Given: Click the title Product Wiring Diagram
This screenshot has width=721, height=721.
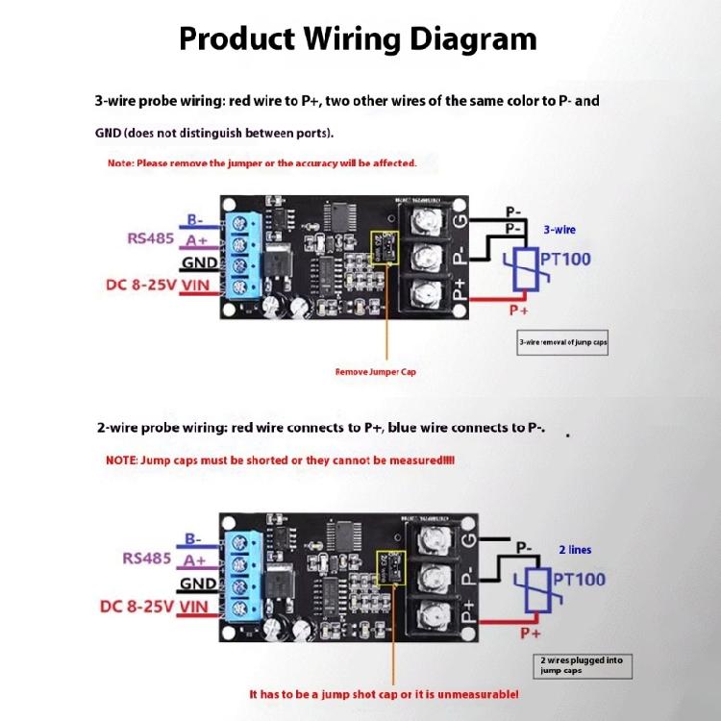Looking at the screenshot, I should [358, 38].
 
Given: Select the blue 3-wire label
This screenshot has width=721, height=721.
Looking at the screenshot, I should [559, 230].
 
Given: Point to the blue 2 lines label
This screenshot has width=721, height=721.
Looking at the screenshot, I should [575, 550].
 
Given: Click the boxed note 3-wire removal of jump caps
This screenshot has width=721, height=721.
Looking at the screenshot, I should [562, 342].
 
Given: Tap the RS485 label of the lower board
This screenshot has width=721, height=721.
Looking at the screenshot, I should [146, 559].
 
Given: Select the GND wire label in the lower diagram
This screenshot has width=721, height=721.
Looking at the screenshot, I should [197, 584].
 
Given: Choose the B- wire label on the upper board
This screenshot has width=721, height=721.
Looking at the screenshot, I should [195, 218].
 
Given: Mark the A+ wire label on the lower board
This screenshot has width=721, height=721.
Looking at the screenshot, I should [195, 559].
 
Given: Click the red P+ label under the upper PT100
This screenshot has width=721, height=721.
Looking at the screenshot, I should [518, 311].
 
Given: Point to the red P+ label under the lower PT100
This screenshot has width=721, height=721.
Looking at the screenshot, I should [531, 634].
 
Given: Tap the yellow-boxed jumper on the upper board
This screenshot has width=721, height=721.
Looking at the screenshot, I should [384, 247].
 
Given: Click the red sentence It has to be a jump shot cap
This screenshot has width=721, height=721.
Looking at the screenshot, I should [384, 693].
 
